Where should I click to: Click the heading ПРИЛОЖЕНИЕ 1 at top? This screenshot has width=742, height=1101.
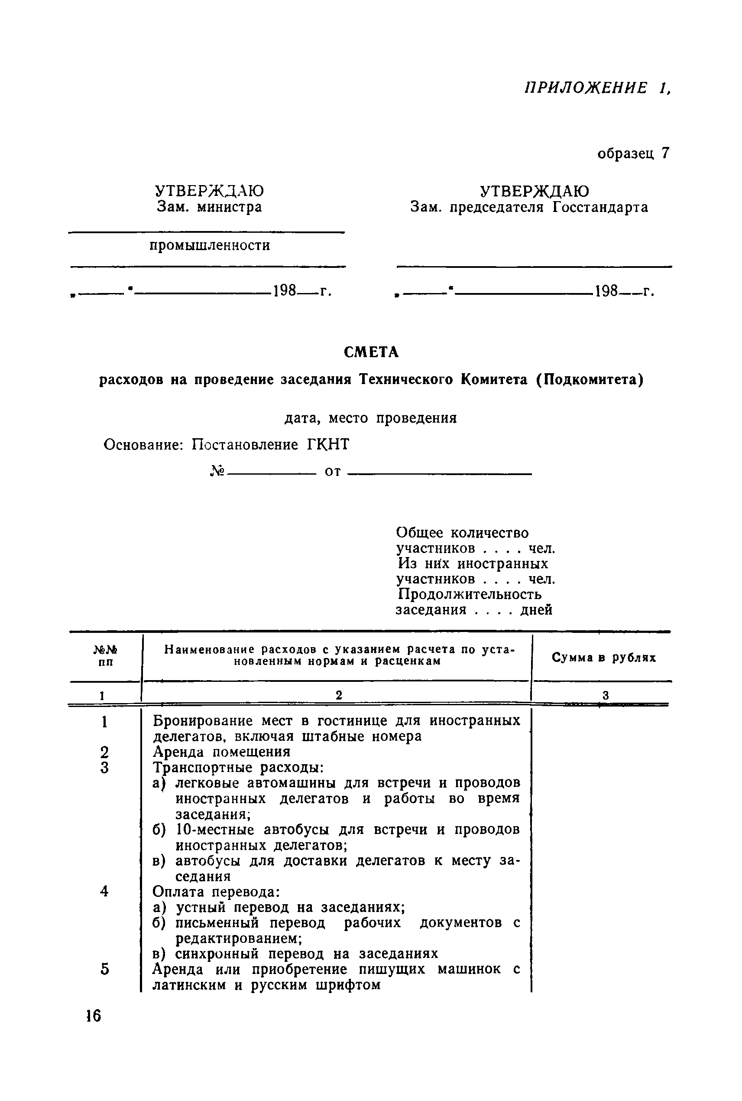click(598, 88)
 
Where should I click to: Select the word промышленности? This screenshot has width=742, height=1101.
click(210, 245)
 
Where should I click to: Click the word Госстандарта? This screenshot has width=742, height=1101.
click(599, 207)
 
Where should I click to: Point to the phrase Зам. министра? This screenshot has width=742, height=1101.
click(209, 207)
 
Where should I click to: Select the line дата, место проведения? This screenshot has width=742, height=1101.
click(370, 418)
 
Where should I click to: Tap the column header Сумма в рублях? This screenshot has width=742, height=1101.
click(603, 657)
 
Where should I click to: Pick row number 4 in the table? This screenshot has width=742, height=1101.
click(104, 891)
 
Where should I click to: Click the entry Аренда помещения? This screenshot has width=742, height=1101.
click(221, 752)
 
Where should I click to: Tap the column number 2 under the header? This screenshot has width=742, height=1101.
click(338, 695)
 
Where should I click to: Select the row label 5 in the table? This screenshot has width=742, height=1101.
click(104, 969)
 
